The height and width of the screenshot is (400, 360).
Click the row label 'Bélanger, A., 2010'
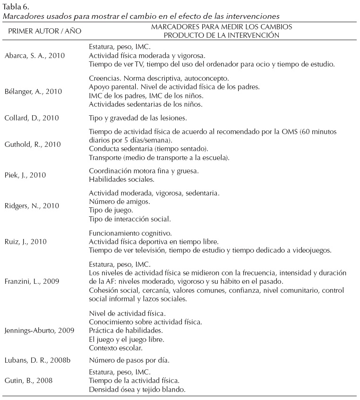[x=34, y=91]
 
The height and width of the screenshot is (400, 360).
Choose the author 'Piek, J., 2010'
[x=26, y=175]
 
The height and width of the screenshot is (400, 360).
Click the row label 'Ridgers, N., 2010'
[x=32, y=206]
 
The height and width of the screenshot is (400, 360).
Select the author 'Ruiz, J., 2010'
[x=26, y=242]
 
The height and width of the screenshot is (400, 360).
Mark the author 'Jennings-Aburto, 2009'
[x=39, y=331]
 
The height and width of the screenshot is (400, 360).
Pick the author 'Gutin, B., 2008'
[x=28, y=380]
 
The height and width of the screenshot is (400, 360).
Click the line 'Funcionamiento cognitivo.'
[x=127, y=233]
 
